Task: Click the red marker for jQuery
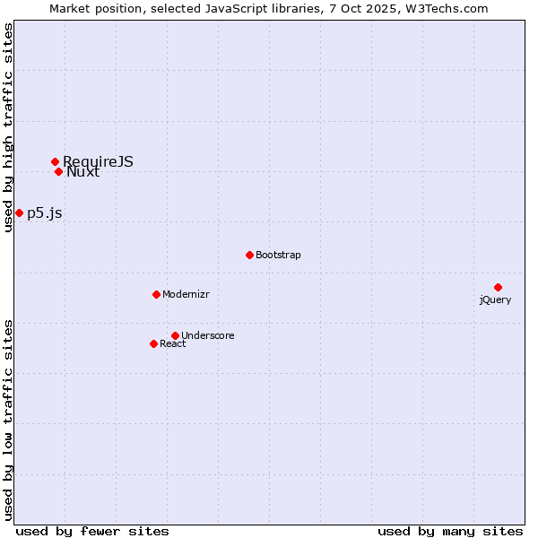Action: [x=498, y=287]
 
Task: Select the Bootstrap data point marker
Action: [x=249, y=255]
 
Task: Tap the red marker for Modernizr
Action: [x=156, y=294]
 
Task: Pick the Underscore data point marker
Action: [x=175, y=335]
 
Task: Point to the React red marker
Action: [x=153, y=343]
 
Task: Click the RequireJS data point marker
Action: [x=55, y=161]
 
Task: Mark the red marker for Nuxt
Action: [x=58, y=171]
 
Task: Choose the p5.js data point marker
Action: [x=19, y=213]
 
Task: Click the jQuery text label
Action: [x=495, y=299]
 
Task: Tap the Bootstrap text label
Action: [x=278, y=255]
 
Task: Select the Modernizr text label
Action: [x=186, y=294]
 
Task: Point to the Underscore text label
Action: [x=208, y=335]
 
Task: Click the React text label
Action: [x=173, y=343]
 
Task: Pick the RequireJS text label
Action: [x=98, y=161]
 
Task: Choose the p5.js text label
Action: [x=45, y=213]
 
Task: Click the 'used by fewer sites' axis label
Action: [x=92, y=531]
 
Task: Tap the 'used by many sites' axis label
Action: [x=450, y=531]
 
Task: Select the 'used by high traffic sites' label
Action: [x=9, y=127]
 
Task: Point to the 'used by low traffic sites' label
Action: [x=9, y=419]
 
